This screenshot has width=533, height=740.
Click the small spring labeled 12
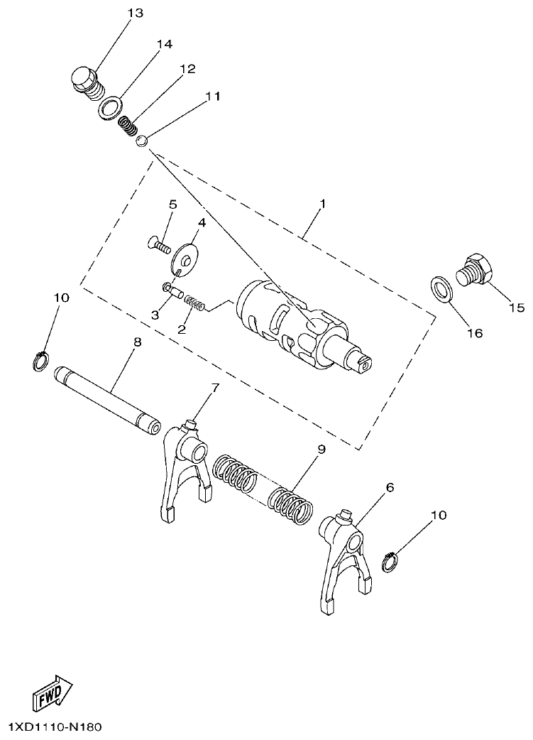click(126, 126)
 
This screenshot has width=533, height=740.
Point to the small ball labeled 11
click(142, 141)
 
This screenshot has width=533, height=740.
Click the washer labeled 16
click(441, 289)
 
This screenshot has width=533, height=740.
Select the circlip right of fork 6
click(390, 562)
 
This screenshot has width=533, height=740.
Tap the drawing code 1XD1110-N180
click(56, 727)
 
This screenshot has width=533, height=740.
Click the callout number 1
click(323, 204)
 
